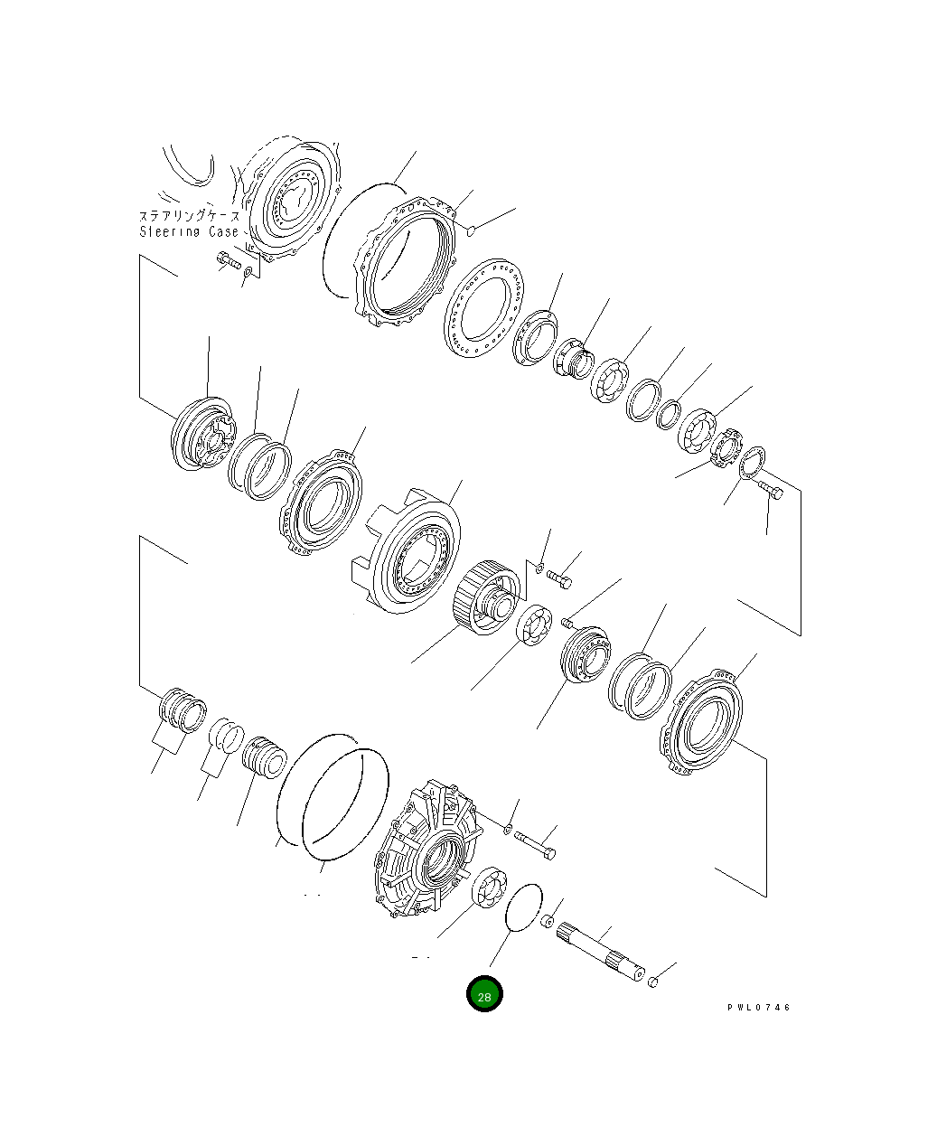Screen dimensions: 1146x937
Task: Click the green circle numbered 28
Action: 484,994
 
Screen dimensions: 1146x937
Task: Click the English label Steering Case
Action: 189,231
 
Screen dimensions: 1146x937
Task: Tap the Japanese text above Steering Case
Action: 189,216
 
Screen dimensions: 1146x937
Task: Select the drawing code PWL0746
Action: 758,1007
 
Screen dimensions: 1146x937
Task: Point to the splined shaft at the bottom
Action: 601,953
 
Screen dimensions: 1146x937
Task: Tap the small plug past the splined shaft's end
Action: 654,981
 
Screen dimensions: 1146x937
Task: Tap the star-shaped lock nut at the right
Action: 726,449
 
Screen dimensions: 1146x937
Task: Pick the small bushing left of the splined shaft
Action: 547,921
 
